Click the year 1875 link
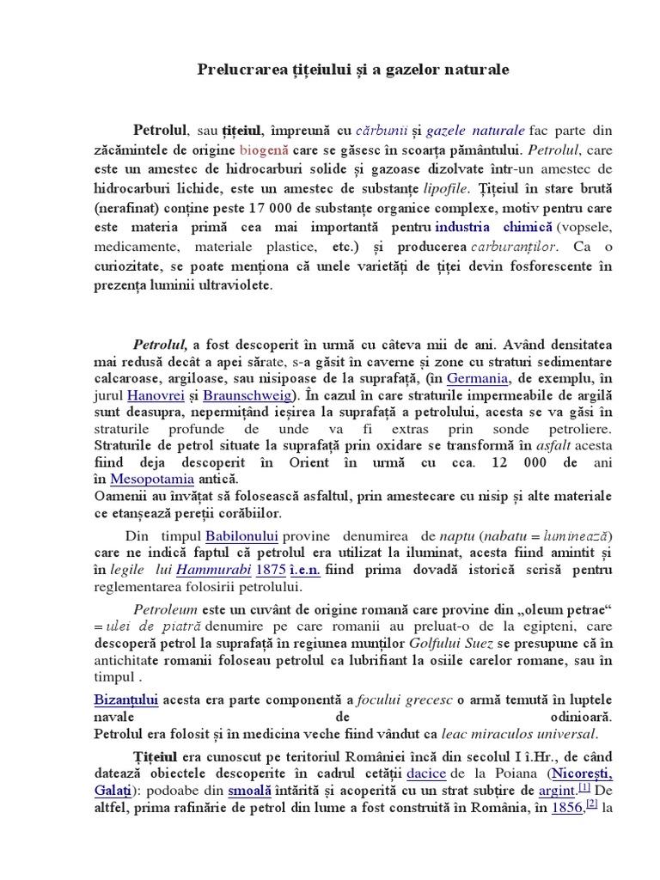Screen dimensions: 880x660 click(271, 571)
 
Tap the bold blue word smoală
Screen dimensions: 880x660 click(250, 788)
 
